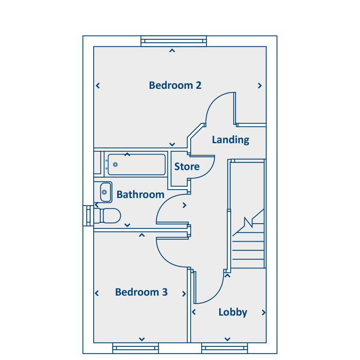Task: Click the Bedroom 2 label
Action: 175,85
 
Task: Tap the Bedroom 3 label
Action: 141,292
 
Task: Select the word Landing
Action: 230,140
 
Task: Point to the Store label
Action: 187,166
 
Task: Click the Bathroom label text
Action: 140,195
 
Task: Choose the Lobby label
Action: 233,312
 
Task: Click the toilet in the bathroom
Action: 108,216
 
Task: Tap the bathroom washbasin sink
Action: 105,192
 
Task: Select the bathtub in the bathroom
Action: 136,164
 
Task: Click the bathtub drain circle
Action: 115,164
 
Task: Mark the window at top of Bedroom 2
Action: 174,41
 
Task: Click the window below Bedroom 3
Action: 135,348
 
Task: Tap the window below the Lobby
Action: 225,348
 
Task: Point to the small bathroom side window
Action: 88,216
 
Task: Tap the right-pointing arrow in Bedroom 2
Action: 260,86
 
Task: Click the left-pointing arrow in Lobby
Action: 194,312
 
